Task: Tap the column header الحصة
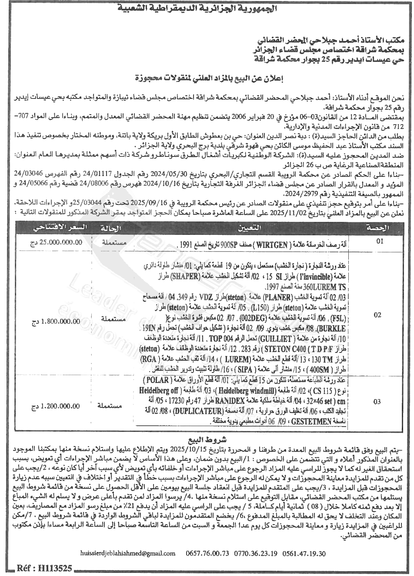383,228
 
